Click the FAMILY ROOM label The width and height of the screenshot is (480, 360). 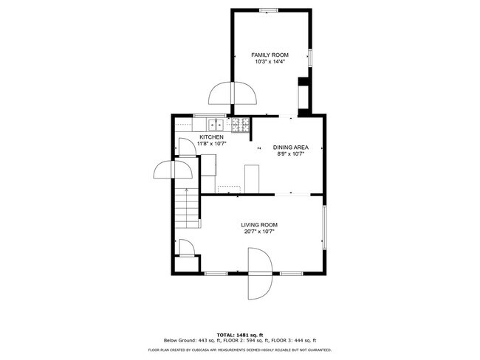click(270, 55)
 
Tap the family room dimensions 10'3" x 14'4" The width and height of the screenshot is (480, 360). click(270, 62)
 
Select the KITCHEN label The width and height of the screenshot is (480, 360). click(211, 137)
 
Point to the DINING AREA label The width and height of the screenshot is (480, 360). click(290, 148)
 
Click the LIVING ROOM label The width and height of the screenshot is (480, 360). click(259, 225)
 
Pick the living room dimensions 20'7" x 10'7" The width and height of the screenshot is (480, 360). click(259, 232)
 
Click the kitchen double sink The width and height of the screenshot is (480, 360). click(216, 125)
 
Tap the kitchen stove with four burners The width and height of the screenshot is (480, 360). click(241, 125)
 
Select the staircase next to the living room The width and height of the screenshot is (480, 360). click(187, 208)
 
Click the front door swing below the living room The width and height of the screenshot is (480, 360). click(260, 274)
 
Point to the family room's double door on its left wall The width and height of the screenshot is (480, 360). click(233, 93)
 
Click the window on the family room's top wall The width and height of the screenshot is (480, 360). click(269, 10)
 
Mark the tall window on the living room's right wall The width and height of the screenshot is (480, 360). click(324, 226)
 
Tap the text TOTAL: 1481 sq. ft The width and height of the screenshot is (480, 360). click(240, 335)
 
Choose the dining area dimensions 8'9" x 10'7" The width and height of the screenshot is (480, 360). click(290, 154)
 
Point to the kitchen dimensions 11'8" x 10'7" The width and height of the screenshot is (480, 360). click(211, 143)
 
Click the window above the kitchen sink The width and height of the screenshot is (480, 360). click(210, 116)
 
